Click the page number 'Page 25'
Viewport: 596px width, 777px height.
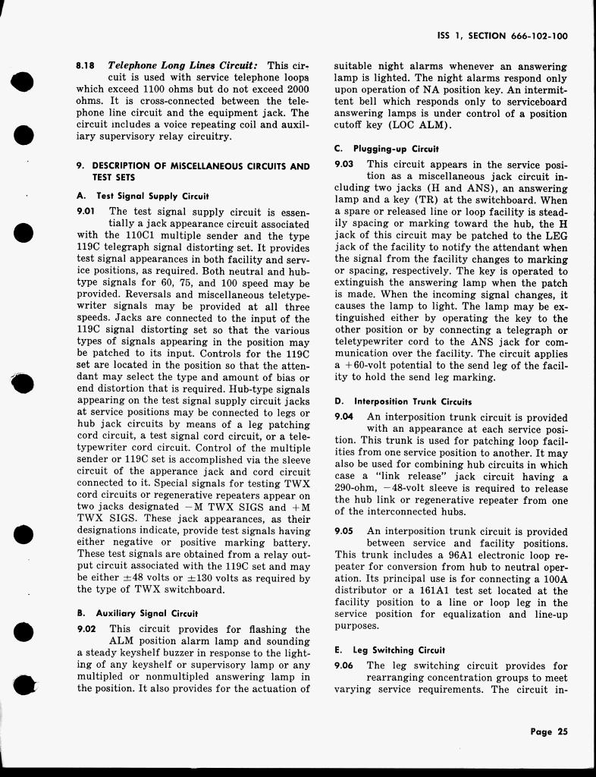click(549, 732)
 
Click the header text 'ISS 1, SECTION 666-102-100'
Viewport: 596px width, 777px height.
click(503, 36)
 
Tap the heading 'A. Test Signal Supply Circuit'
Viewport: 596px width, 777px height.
click(143, 196)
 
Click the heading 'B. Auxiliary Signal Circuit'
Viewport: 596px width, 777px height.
click(137, 613)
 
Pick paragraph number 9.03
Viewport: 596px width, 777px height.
click(345, 164)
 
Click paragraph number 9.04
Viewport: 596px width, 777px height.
click(345, 417)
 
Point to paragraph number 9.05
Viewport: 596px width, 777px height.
click(345, 531)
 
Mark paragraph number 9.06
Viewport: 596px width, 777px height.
click(345, 665)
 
